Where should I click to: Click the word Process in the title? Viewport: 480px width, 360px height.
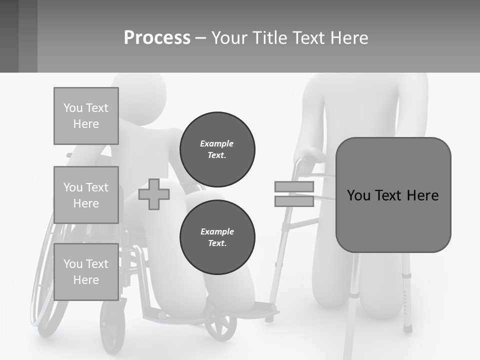tap(157, 38)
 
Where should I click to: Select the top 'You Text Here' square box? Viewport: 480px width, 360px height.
tap(86, 116)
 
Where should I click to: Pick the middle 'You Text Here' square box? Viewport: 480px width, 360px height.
tap(86, 195)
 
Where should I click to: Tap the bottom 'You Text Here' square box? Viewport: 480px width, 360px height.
tap(86, 272)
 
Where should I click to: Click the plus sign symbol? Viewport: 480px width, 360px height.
tap(154, 194)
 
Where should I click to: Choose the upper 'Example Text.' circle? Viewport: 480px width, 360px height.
tap(217, 149)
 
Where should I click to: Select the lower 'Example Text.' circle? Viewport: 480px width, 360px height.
tap(217, 237)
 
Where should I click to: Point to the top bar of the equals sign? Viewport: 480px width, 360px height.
tap(294, 187)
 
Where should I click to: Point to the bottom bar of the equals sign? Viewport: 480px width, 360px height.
tap(294, 201)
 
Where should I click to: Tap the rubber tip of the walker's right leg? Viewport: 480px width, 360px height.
tap(408, 328)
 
